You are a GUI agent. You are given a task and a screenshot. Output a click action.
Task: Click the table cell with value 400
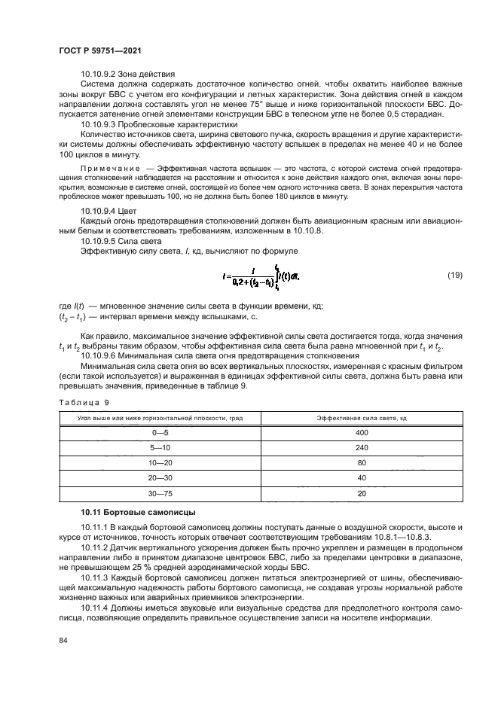pos(362,432)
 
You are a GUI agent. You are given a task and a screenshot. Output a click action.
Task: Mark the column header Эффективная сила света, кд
pos(362,417)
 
